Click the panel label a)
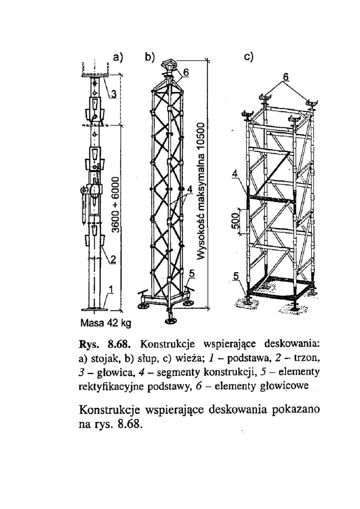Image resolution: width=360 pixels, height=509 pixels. point(118,57)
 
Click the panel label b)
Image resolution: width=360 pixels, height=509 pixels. point(151,57)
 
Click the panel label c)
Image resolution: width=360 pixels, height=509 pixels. point(249,57)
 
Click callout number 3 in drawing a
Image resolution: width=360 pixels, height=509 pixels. point(114,94)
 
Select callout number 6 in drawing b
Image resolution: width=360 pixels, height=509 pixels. point(186,72)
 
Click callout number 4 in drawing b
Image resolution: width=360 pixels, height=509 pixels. point(189,189)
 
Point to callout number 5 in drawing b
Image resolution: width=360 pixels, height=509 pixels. point(192,273)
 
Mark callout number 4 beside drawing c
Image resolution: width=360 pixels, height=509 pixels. point(234,174)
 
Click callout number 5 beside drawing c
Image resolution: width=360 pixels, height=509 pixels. point(235,276)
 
